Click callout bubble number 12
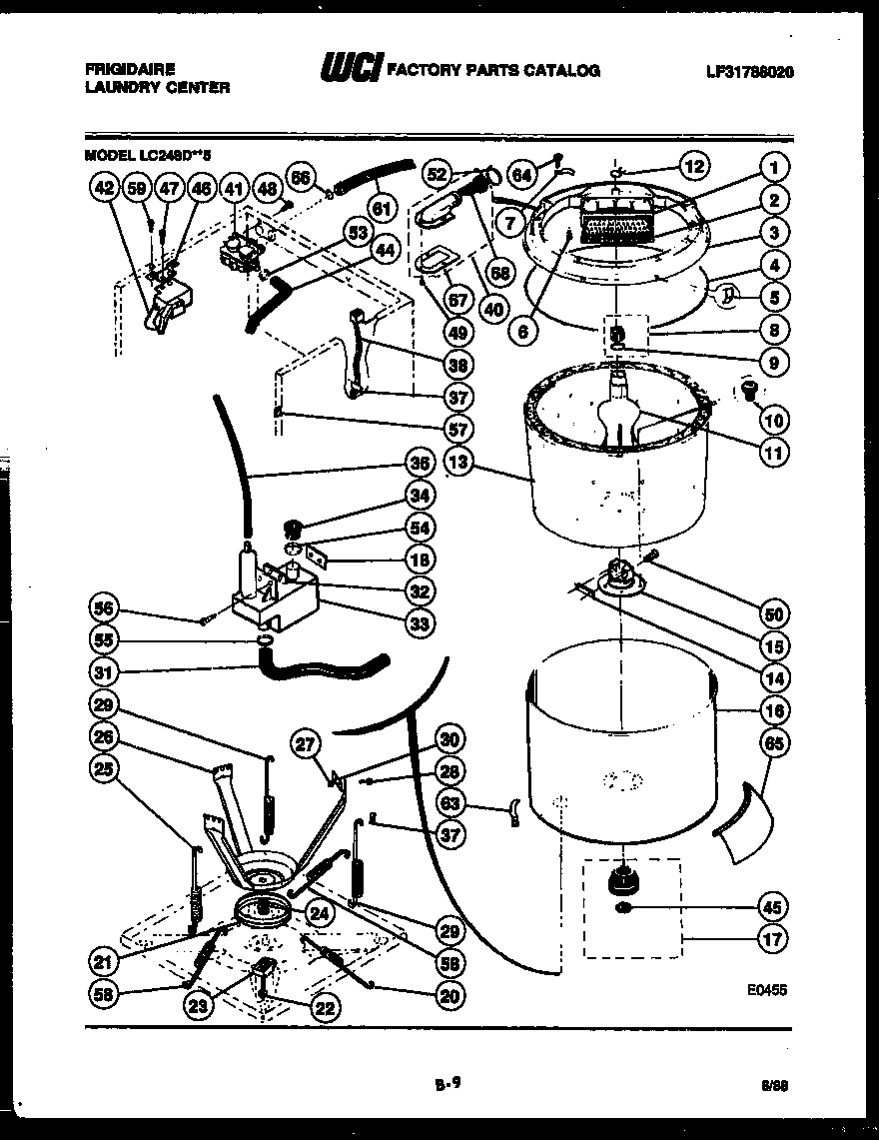[x=694, y=164]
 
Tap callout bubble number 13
[x=460, y=464]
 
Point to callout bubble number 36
[x=420, y=463]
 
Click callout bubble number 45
[x=772, y=907]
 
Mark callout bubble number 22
[x=324, y=1008]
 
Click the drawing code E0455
[x=766, y=990]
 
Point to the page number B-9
[x=446, y=1080]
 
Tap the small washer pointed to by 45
[x=622, y=907]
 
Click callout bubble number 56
[x=106, y=608]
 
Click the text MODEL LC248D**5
[x=148, y=154]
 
